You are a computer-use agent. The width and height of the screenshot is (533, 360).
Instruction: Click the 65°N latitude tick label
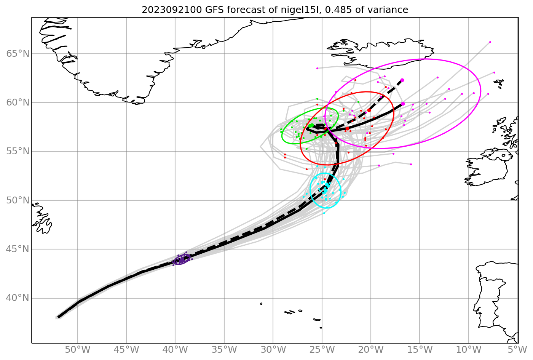[x=18, y=54]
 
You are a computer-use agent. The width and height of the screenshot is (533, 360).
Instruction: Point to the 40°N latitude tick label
[x=18, y=298]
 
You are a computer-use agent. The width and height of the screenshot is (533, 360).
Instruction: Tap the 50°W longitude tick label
[x=78, y=350]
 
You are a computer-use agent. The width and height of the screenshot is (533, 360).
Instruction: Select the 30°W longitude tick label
[x=273, y=350]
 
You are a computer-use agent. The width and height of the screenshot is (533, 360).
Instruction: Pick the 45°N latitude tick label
[x=18, y=249]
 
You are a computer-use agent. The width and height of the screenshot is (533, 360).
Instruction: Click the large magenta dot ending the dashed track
[x=402, y=80]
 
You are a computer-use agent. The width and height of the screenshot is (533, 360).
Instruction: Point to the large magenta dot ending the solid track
[x=403, y=104]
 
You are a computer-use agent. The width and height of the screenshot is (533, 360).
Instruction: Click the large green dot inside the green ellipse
[x=311, y=125]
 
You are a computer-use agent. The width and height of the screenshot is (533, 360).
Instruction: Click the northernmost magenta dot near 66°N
[x=490, y=42]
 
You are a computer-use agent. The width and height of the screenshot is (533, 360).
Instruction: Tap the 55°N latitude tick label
[x=18, y=152]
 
